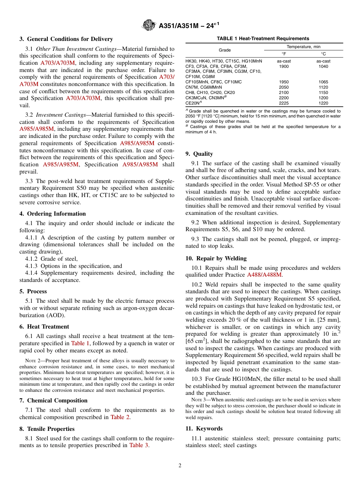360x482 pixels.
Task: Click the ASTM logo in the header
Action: pyautogui.click(x=149, y=25)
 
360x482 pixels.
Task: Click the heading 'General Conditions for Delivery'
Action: pyautogui.click(x=70, y=39)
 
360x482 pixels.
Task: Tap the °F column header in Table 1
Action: pyautogui.click(x=283, y=54)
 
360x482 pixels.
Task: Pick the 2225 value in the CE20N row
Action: pyautogui.click(x=283, y=103)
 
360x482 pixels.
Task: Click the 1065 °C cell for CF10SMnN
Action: pyautogui.click(x=323, y=82)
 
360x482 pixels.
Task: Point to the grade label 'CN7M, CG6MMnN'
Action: pyautogui.click(x=203, y=87)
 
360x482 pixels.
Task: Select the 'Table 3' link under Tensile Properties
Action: pyautogui.click(x=139, y=445)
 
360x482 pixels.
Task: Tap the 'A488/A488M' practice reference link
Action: pyautogui.click(x=264, y=275)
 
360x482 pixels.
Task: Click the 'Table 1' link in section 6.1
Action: pyautogui.click(x=80, y=343)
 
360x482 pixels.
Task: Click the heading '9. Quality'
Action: pyautogui.click(x=199, y=154)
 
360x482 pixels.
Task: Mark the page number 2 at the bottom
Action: pyautogui.click(x=180, y=466)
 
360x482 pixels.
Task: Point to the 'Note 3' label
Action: pyautogui.click(x=199, y=400)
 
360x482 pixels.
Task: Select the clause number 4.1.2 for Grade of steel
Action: pyautogui.click(x=31, y=259)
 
